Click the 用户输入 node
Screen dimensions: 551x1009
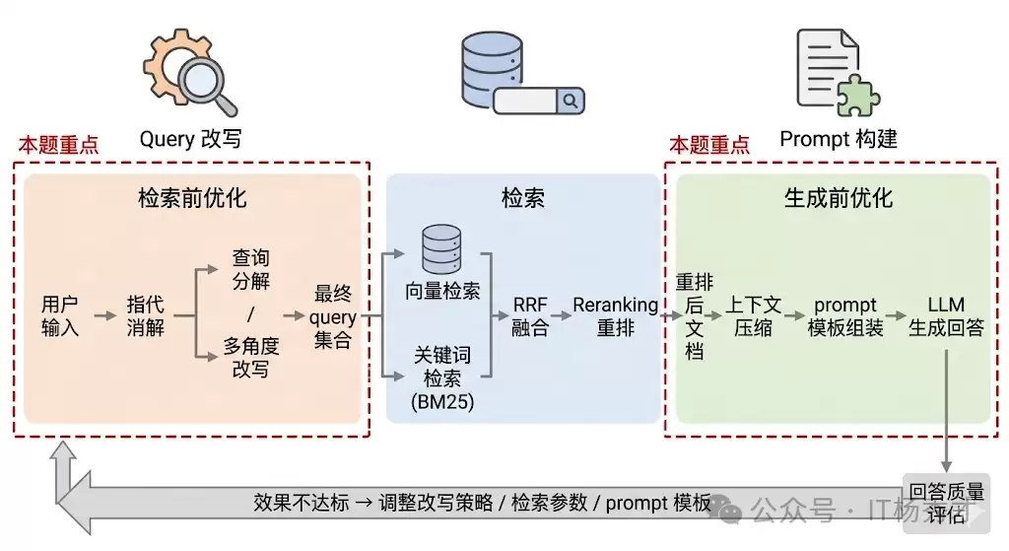(60, 315)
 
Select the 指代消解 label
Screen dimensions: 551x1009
(145, 315)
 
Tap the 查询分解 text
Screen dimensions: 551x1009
(251, 269)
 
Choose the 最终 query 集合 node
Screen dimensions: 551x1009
(333, 317)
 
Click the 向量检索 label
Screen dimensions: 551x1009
(442, 291)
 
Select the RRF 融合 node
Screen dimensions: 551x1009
(530, 316)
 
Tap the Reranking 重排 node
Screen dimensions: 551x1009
(616, 316)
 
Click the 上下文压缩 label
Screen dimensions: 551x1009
(754, 316)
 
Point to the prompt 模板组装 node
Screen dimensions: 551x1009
(845, 316)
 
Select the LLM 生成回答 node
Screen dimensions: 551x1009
(946, 316)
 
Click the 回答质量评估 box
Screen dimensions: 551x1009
(946, 503)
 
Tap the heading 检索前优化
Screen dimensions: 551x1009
(192, 198)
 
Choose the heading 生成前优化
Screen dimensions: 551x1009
(839, 198)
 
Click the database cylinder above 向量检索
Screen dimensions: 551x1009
(442, 250)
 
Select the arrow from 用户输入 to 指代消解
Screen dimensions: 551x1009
(104, 316)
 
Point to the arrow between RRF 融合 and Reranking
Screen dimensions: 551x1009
(561, 316)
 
